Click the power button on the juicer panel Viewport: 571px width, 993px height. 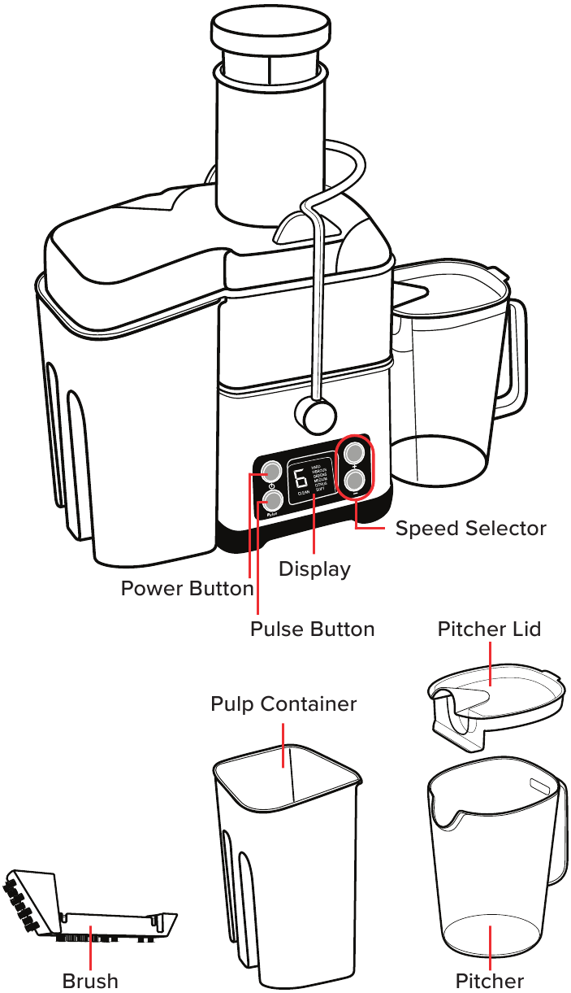tap(270, 471)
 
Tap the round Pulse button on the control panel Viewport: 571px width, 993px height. tap(272, 499)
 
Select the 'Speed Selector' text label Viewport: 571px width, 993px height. tap(470, 529)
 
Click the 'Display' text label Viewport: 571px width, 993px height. tap(314, 569)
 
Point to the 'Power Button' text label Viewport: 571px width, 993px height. tap(187, 589)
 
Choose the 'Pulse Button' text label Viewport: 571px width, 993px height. tap(312, 629)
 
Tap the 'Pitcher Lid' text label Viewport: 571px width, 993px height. tap(489, 629)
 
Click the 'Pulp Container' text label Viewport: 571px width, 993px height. tap(283, 704)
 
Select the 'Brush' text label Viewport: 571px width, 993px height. tap(90, 981)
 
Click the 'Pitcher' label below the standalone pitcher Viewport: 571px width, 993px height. tap(489, 981)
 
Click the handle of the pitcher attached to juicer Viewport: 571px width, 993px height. tap(513, 358)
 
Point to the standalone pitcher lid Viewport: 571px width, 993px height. tap(495, 699)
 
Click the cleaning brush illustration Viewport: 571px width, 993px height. tap(89, 915)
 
